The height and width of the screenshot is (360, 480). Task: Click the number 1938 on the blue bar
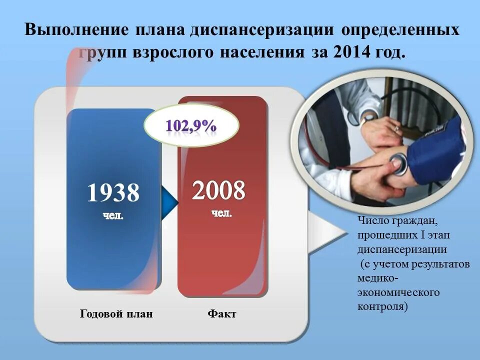(x=113, y=192)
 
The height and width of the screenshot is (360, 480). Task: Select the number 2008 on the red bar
(x=219, y=190)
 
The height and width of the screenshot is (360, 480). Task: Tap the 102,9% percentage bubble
(x=191, y=126)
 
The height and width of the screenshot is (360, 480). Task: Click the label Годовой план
(x=116, y=314)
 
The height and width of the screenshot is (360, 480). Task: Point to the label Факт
(x=222, y=314)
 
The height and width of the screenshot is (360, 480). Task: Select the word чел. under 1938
(x=113, y=216)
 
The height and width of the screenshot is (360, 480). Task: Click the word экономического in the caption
(x=398, y=292)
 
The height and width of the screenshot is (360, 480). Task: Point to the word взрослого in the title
(x=172, y=52)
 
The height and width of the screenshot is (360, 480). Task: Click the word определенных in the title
(x=399, y=29)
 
